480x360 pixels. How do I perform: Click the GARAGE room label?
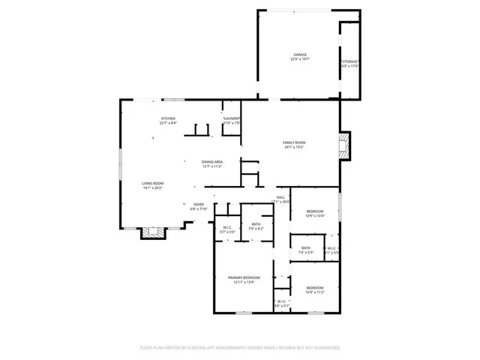300,55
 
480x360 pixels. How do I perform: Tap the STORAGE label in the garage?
351,61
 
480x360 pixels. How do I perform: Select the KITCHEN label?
168,118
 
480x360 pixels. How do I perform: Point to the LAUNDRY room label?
232,118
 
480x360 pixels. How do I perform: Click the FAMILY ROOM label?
294,142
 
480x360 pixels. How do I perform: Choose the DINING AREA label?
212,162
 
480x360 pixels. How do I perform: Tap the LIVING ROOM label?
153,183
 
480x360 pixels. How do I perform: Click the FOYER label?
199,204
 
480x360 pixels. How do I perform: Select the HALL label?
280,197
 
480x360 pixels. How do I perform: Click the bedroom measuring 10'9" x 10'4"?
315,211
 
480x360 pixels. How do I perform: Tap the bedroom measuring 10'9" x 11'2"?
315,288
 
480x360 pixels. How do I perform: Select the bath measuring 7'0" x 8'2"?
256,223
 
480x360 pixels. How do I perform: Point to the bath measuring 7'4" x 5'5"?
306,247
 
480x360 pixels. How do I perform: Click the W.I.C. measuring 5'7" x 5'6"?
228,228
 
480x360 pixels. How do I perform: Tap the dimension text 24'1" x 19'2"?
294,148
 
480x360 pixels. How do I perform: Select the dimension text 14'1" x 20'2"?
153,188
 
